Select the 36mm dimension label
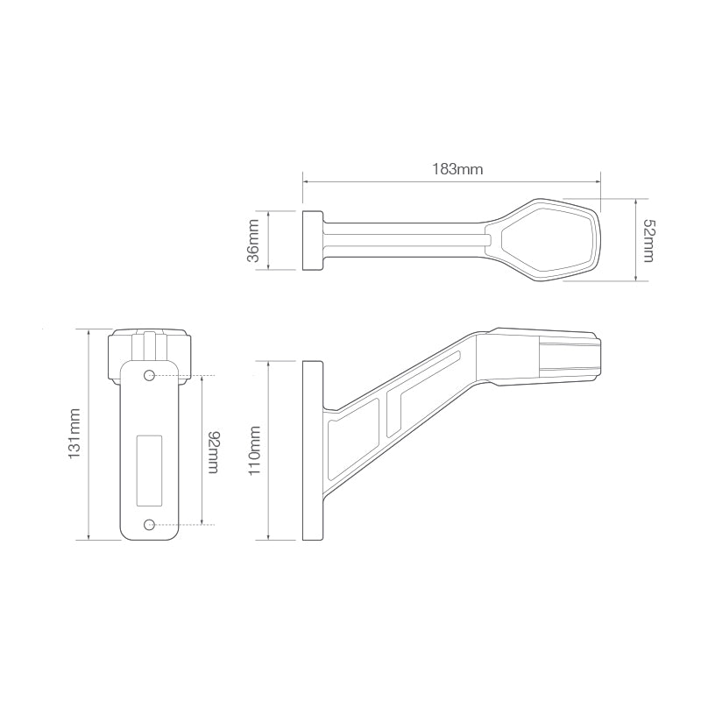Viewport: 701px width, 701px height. click(x=253, y=241)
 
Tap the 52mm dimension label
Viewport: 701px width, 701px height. click(x=648, y=239)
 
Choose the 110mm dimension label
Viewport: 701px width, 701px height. click(x=255, y=450)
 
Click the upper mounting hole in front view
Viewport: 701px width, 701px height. click(x=150, y=376)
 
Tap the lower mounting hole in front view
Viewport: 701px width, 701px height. click(x=150, y=524)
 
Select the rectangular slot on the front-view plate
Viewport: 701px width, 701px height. click(x=150, y=470)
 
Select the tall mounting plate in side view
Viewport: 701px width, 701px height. click(x=312, y=450)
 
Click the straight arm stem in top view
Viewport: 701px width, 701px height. click(x=403, y=239)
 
